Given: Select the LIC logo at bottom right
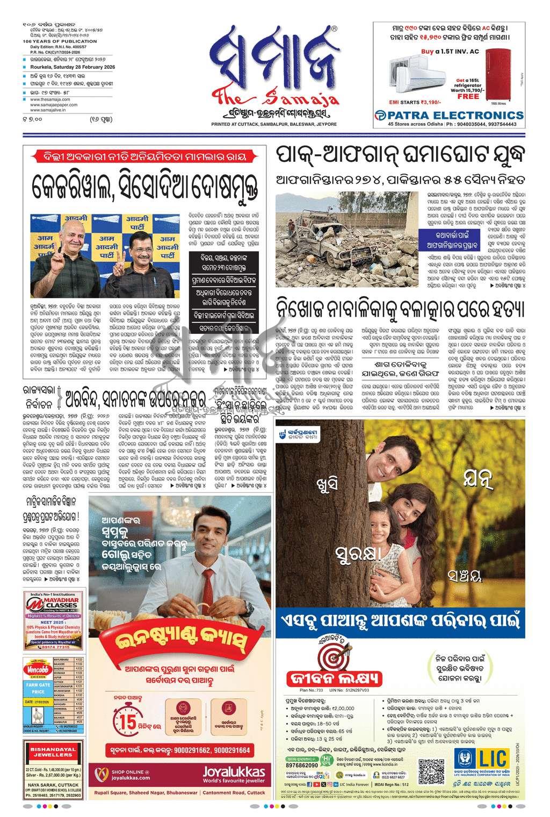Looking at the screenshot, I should tap(489, 759).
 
